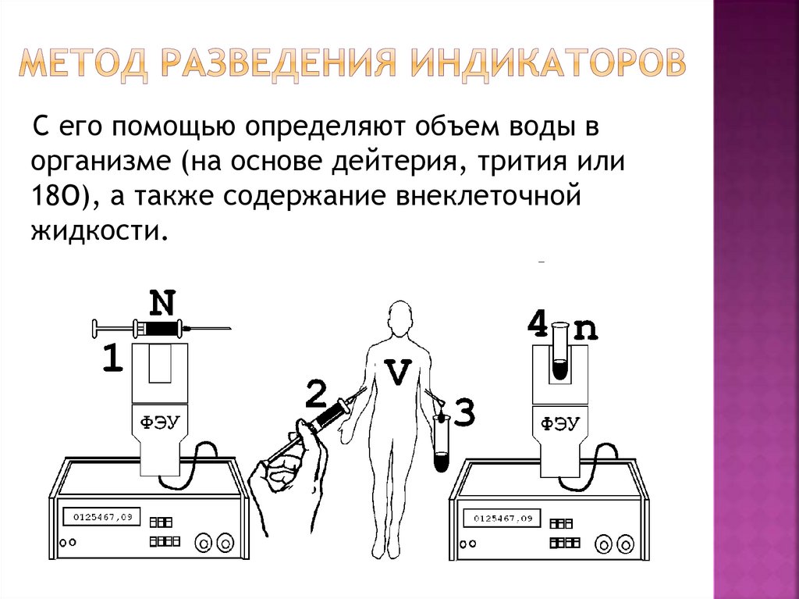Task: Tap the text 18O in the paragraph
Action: coord(62,197)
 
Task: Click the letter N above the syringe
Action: coord(162,302)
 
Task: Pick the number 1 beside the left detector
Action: coord(112,358)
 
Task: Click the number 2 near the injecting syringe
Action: coord(314,394)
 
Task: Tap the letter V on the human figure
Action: coord(399,373)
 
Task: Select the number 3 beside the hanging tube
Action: coord(463,412)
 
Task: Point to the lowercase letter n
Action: coord(585,330)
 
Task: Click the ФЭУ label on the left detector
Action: coord(160,423)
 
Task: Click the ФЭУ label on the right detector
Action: coord(559,423)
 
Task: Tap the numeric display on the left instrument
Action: coord(102,516)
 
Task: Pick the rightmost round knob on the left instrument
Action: coord(225,540)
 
